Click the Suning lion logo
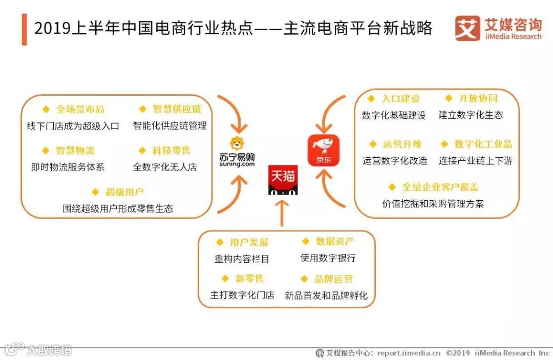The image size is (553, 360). coord(236,145)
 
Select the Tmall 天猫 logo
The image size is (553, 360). coord(283,180)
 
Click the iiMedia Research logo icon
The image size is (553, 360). coord(467,28)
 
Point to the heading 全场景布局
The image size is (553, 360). coord(80,109)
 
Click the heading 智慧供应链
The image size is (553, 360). coord(177,109)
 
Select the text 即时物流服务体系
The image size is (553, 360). coord(68,167)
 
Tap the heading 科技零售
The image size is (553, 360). coord(171,151)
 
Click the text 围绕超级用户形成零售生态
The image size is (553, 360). coord(118,208)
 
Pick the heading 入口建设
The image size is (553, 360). coord(400,98)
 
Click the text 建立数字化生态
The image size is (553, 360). coord(471,115)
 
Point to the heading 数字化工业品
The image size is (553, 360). coord(483,144)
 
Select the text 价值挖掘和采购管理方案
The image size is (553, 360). coord(433,203)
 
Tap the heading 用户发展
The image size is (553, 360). coord(249,242)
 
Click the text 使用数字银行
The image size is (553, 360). coord(328,258)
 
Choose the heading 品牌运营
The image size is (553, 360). coord(334,279)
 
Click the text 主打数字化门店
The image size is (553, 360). coord(242,295)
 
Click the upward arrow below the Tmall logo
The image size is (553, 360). coord(282,213)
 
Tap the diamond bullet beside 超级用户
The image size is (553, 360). coord(95,192)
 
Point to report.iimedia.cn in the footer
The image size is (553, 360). coord(409,353)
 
